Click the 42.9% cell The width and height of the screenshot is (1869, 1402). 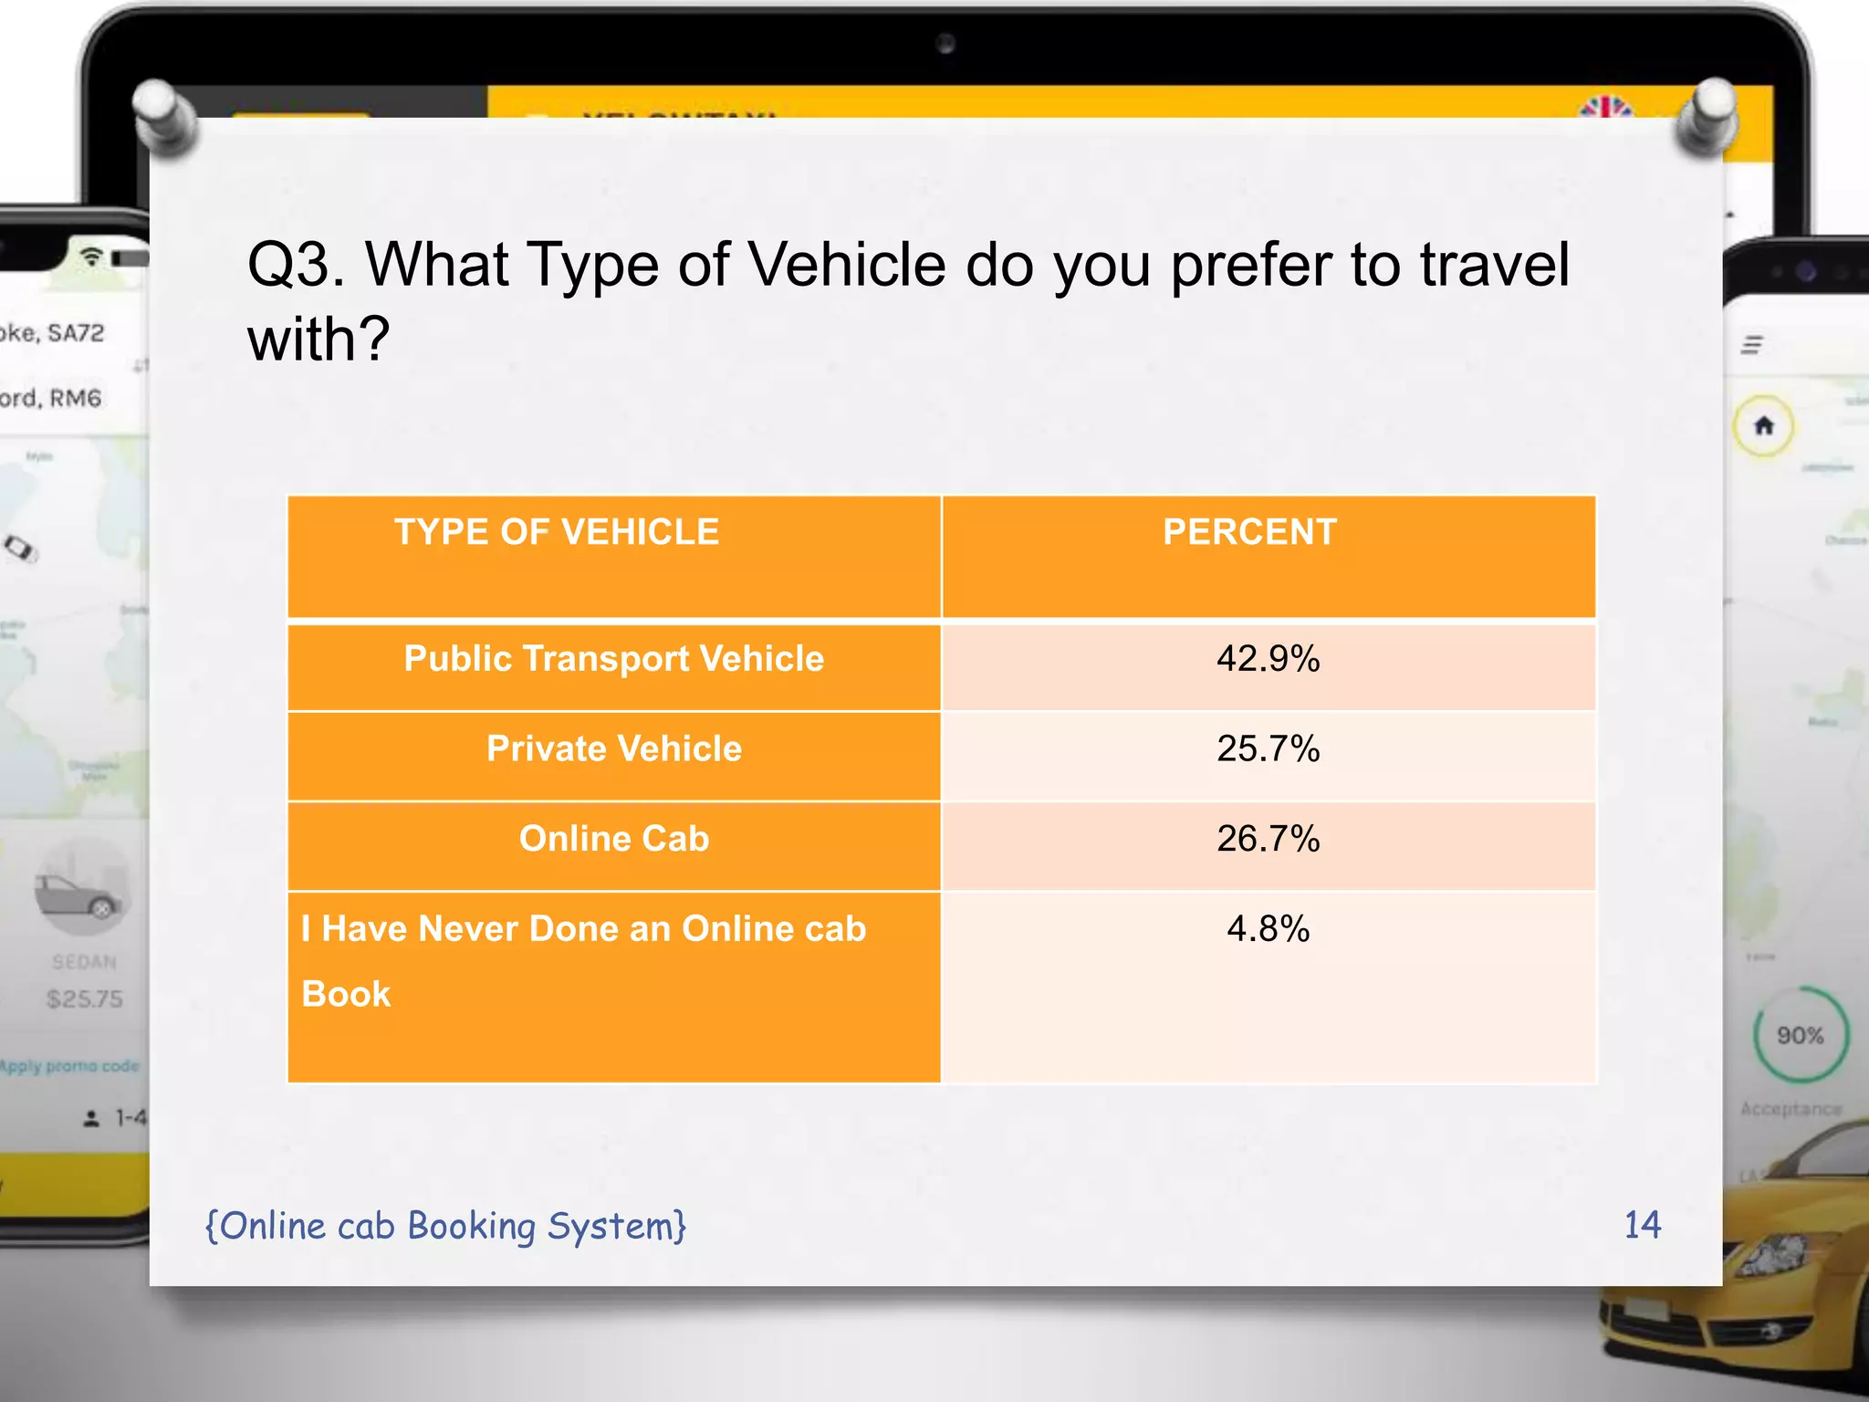click(x=1268, y=659)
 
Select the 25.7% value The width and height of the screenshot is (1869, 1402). click(x=1268, y=749)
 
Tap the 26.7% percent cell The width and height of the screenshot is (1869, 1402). click(x=1268, y=839)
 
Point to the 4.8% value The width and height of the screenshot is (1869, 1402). click(x=1268, y=929)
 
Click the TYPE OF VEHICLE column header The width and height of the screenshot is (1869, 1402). click(x=557, y=532)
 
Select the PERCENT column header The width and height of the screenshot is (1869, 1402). click(x=1249, y=532)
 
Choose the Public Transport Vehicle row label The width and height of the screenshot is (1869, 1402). click(x=613, y=659)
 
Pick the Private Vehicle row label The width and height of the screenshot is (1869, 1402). click(x=613, y=749)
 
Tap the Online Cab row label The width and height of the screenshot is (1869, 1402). click(x=613, y=839)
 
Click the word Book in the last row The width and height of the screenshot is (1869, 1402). click(x=346, y=994)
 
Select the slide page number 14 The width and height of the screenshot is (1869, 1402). click(x=1642, y=1225)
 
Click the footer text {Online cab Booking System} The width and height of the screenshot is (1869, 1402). click(x=445, y=1226)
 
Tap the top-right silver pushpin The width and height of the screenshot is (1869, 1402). click(x=1707, y=114)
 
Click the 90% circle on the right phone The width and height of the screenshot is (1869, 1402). click(x=1800, y=1035)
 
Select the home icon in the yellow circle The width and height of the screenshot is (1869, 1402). click(x=1763, y=425)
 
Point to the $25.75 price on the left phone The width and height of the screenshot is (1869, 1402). click(x=84, y=999)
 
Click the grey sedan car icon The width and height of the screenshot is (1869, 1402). click(x=80, y=895)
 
